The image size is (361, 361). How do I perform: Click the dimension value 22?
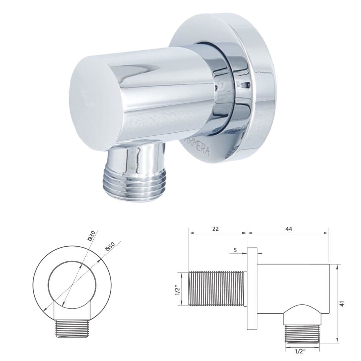click(216, 229)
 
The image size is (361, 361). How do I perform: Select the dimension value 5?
click(235, 250)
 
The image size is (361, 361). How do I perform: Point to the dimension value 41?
click(342, 304)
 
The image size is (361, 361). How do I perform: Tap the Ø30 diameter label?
click(91, 235)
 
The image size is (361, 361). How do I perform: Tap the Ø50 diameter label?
click(110, 246)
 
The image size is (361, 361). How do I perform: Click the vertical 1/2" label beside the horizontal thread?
click(178, 289)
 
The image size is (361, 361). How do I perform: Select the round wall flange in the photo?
click(257, 87)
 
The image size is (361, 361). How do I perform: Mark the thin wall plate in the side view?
click(252, 289)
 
